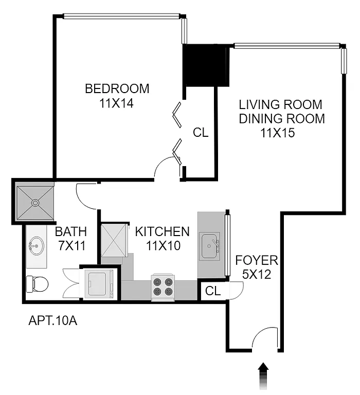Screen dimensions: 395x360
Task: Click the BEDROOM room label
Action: click(117, 88)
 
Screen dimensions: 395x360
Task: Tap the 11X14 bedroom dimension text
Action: click(117, 103)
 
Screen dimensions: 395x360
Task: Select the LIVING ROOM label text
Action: click(281, 105)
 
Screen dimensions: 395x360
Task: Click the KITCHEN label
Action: click(162, 231)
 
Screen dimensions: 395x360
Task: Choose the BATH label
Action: click(71, 231)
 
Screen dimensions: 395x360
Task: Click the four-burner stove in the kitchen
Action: click(163, 287)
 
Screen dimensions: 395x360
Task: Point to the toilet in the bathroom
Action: click(37, 283)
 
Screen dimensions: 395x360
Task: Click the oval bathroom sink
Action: click(36, 245)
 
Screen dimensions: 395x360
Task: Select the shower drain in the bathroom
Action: click(35, 203)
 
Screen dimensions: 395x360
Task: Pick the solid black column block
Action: click(206, 66)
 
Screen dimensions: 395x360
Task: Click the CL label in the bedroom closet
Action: click(201, 133)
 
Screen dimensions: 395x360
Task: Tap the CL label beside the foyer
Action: click(213, 291)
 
